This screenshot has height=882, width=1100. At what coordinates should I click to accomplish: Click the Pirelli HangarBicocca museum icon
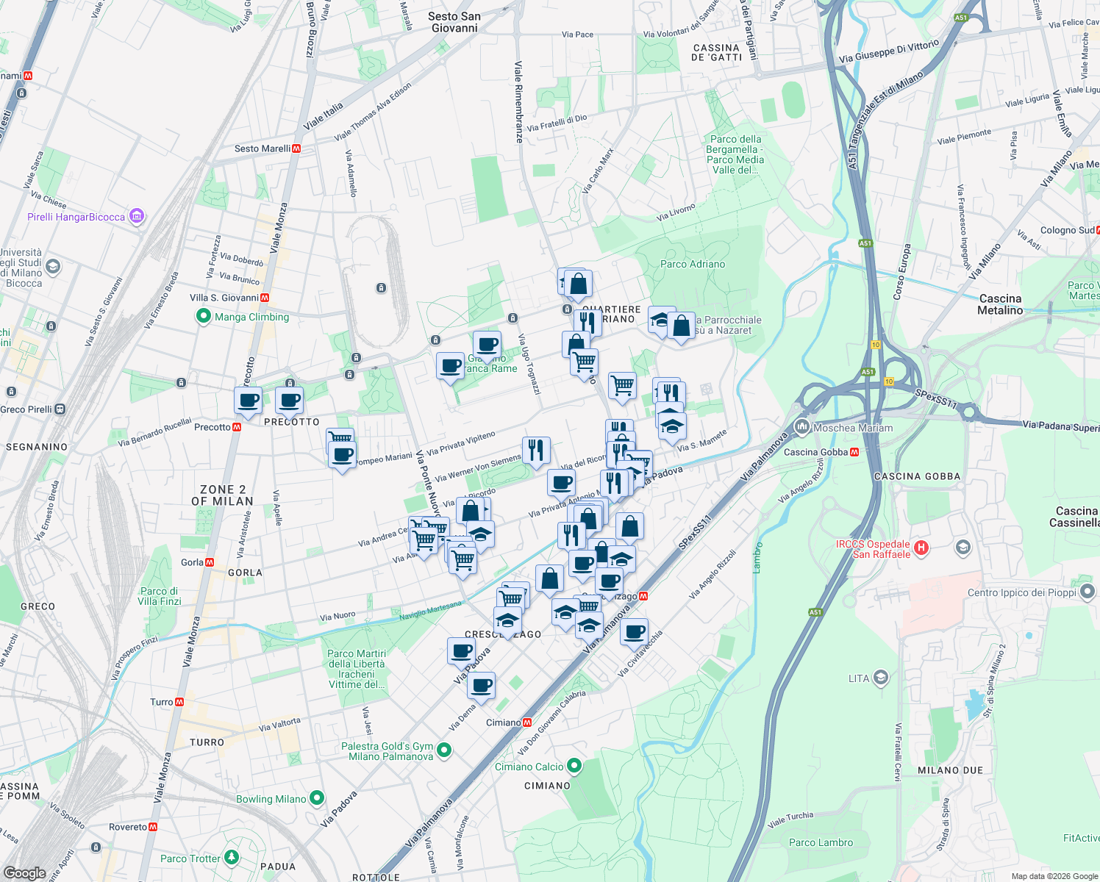(x=137, y=216)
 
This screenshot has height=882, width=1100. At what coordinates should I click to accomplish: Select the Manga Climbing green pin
(x=203, y=317)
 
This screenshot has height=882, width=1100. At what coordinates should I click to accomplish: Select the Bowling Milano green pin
(x=317, y=797)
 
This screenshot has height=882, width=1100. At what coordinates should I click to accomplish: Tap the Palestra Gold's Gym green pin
(x=443, y=750)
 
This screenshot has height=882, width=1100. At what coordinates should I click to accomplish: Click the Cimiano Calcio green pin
(x=574, y=767)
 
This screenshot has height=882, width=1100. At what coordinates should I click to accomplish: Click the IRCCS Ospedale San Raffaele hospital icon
(x=921, y=548)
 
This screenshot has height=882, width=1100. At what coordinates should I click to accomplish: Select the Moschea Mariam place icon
(x=802, y=427)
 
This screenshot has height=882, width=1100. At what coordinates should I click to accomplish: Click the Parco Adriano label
(x=693, y=264)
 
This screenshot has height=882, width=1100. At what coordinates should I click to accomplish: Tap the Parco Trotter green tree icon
(x=232, y=857)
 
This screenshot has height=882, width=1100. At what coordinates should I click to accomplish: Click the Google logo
(x=25, y=872)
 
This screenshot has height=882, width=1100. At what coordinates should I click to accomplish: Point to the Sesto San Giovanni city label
(x=454, y=22)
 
